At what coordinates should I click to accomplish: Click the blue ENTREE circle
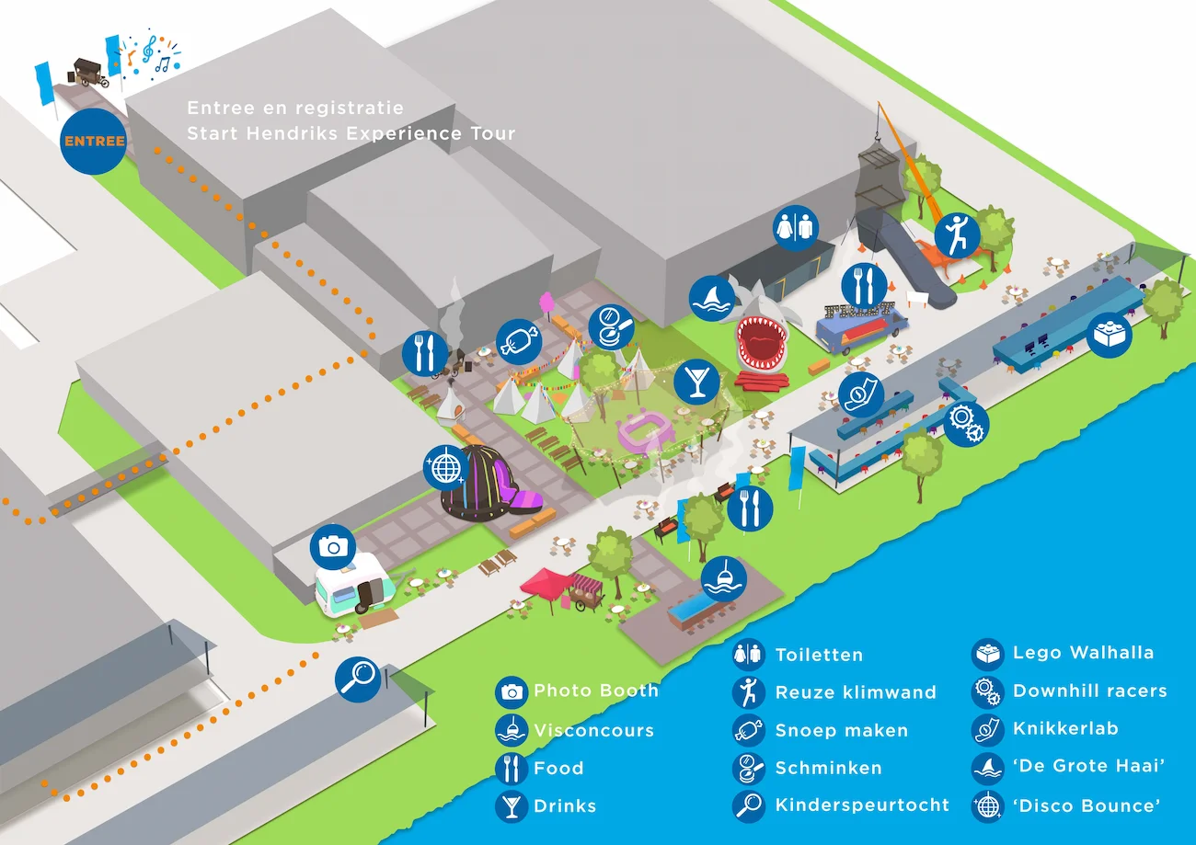point(93,142)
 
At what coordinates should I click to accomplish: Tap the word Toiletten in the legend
point(819,655)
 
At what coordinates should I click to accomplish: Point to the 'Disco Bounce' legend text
point(1086,805)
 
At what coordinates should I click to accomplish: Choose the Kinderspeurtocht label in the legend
point(861,805)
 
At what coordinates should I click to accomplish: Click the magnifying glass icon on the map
point(358,679)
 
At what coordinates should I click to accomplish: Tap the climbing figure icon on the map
point(958,236)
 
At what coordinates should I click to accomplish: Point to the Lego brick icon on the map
point(1109,336)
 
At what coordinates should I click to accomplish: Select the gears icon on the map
point(965,423)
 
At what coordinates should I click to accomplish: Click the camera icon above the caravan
point(332,547)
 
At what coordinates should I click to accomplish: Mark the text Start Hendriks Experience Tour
point(351,133)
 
